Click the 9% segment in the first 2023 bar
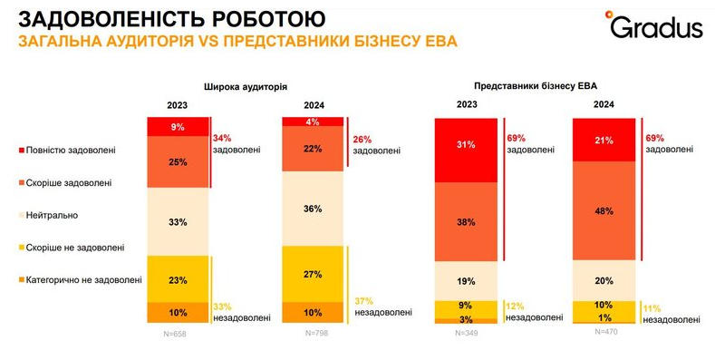178,128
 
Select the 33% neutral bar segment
178,221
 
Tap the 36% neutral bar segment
312,209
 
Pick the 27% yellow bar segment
312,274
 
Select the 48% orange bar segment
604,209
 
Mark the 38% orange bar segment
467,220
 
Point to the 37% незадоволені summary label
375,306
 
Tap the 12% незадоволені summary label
528,312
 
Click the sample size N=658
178,334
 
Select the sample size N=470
604,333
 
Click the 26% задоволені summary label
375,145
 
